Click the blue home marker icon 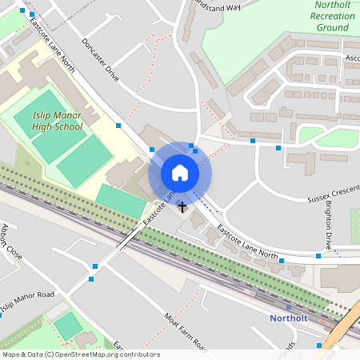[x=180, y=173]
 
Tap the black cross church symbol [x=182, y=207]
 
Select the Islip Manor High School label [x=58, y=121]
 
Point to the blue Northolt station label [x=288, y=318]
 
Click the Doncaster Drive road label [x=101, y=60]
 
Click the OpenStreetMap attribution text [x=80, y=354]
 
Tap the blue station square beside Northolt [x=288, y=307]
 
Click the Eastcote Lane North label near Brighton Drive [x=248, y=245]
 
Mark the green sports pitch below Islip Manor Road [x=68, y=326]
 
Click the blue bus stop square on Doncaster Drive [x=118, y=126]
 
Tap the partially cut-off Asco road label [x=352, y=58]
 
